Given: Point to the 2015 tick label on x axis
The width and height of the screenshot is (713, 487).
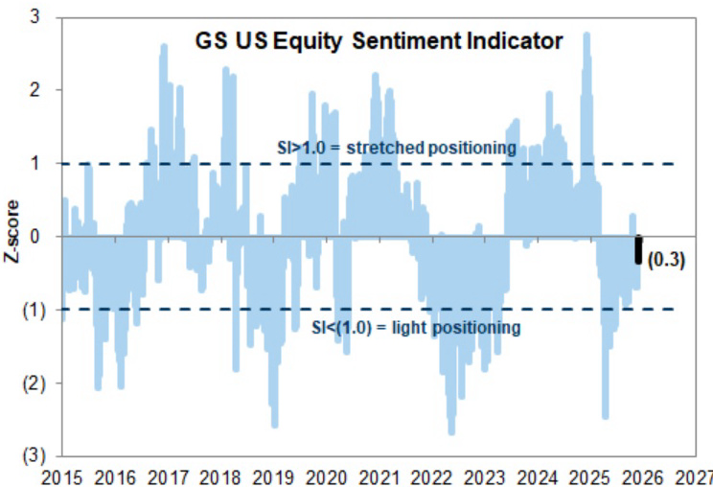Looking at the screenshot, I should tap(60, 476).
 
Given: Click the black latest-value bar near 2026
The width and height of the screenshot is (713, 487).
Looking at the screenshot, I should tap(638, 249).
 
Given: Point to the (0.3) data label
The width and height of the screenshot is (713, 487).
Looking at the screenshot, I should tap(666, 260).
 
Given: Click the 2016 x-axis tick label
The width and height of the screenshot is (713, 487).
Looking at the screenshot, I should tap(116, 476).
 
